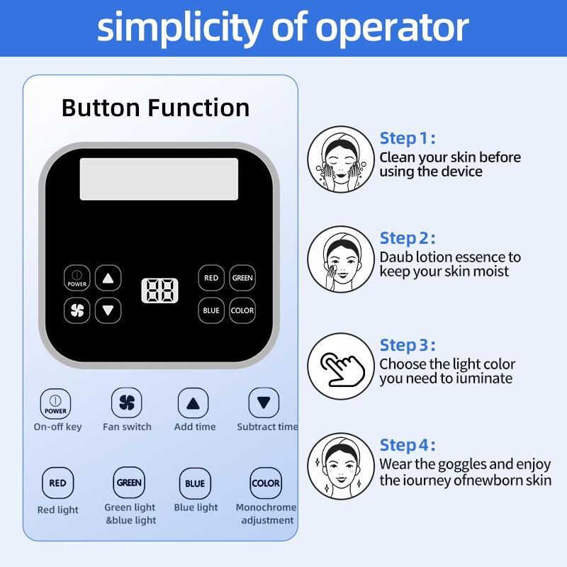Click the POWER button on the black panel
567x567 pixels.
[x=77, y=278]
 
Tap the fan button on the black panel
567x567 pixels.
[x=77, y=310]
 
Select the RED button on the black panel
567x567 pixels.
[x=211, y=278]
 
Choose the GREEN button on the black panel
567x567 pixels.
[x=242, y=278]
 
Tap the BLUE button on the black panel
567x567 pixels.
[x=211, y=310]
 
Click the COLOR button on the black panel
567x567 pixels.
[x=242, y=310]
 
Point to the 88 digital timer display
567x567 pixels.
[x=159, y=291]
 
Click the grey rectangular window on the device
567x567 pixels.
[x=159, y=179]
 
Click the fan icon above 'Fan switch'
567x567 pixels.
[x=127, y=403]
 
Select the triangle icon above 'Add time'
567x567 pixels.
[x=193, y=403]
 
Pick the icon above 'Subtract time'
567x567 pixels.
[x=264, y=403]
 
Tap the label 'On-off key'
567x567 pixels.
[x=57, y=427]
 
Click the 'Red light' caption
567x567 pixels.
[x=58, y=510]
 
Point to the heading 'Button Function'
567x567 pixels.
[x=155, y=108]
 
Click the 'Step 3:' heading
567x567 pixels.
[x=407, y=345]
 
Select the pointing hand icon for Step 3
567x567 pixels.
[x=342, y=369]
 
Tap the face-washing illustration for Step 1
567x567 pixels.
[x=341, y=159]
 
